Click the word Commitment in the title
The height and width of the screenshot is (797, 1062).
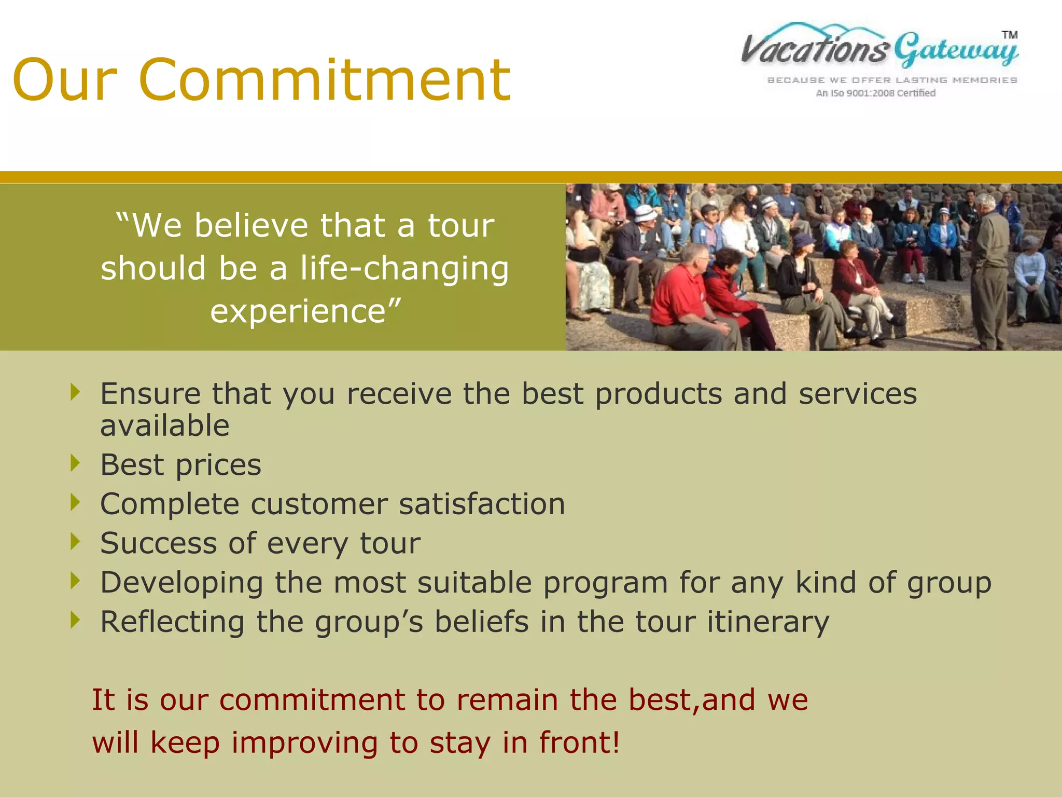(325, 80)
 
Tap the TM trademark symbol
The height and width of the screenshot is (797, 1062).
(1010, 35)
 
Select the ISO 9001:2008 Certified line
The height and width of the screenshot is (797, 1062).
(876, 93)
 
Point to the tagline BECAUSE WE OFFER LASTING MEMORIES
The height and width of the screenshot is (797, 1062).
(892, 80)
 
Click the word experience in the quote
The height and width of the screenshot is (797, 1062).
(298, 311)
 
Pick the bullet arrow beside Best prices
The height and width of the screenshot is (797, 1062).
(76, 463)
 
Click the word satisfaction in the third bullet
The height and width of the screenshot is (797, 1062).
(482, 504)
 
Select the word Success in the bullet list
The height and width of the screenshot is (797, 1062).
(159, 543)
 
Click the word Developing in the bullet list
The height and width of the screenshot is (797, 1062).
(181, 583)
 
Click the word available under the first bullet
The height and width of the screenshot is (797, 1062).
(164, 426)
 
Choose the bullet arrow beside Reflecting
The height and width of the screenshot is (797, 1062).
(76, 620)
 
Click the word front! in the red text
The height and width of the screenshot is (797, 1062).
(579, 743)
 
